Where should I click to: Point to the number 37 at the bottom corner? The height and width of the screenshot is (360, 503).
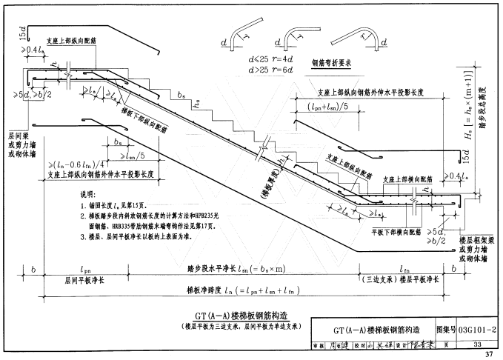pyautogui.click(x=488, y=354)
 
